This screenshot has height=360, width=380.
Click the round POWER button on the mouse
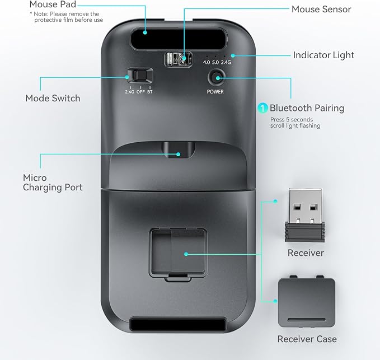point(215,78)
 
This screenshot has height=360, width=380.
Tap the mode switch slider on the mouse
point(140,76)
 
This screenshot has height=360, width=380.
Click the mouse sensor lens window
point(179,59)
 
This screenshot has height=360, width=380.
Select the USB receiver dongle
point(305,215)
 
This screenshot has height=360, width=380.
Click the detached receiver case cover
point(307,301)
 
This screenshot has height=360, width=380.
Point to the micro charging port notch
point(179,150)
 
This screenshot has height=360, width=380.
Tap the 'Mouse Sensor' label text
point(321,9)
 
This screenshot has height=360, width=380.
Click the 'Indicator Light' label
point(323,55)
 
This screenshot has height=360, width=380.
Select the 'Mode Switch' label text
point(53,98)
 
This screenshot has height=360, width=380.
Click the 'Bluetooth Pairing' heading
point(307,108)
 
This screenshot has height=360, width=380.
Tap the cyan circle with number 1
point(262,108)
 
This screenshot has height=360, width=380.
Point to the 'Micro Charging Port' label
point(53,183)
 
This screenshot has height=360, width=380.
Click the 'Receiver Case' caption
point(307,339)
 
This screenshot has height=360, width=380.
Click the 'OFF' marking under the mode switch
point(140,92)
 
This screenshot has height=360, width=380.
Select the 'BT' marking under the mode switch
point(150,92)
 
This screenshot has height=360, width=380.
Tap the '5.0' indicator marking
point(215,62)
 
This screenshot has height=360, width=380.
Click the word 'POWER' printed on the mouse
point(215,92)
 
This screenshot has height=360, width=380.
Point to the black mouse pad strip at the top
point(179,39)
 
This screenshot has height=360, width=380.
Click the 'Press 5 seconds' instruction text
point(292,119)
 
